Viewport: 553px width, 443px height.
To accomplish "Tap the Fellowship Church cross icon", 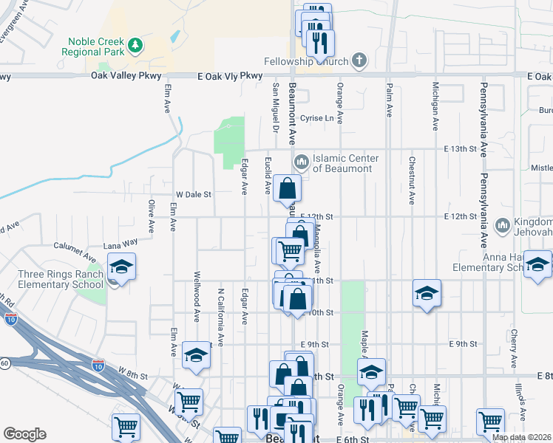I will [x=359, y=61].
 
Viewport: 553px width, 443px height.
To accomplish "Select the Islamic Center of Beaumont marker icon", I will [x=301, y=162].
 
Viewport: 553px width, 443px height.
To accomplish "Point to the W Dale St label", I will [x=193, y=194].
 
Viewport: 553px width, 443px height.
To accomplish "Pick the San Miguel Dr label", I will [x=275, y=103].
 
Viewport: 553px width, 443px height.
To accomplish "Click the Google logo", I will [x=24, y=434].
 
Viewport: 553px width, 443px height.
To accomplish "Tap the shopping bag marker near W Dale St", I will [x=287, y=189].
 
